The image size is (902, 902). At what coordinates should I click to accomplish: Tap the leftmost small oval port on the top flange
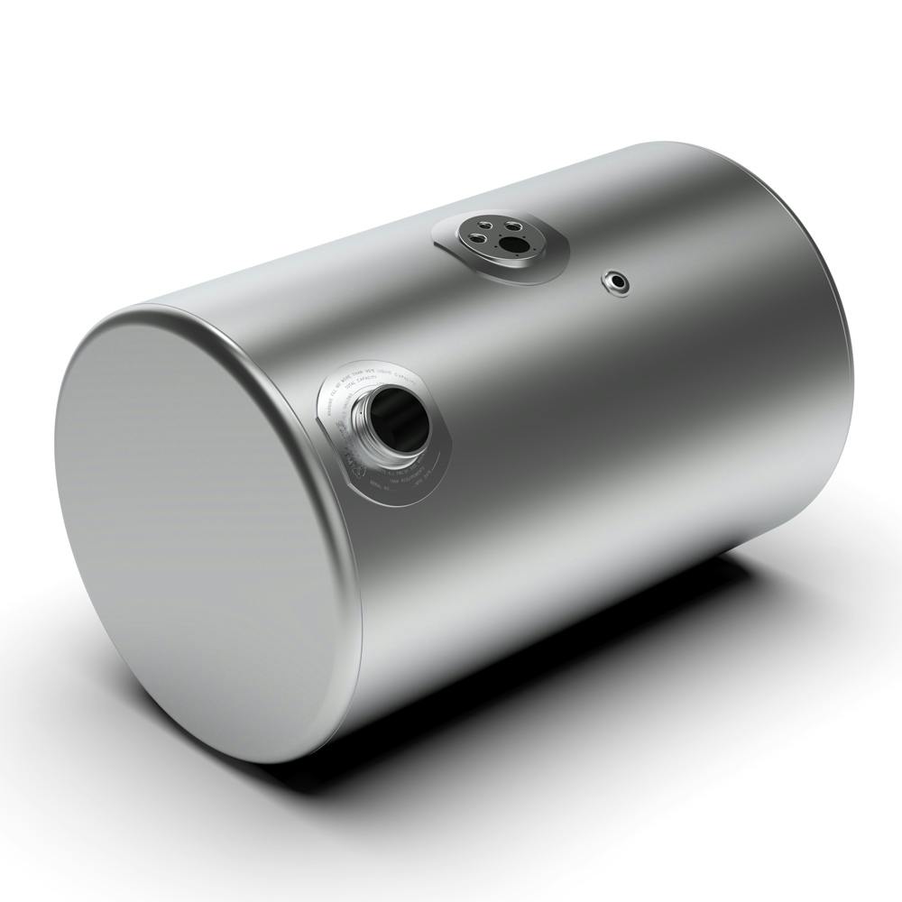pyautogui.click(x=474, y=239)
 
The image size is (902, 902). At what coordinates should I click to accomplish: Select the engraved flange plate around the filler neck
pyautogui.click(x=424, y=451)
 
